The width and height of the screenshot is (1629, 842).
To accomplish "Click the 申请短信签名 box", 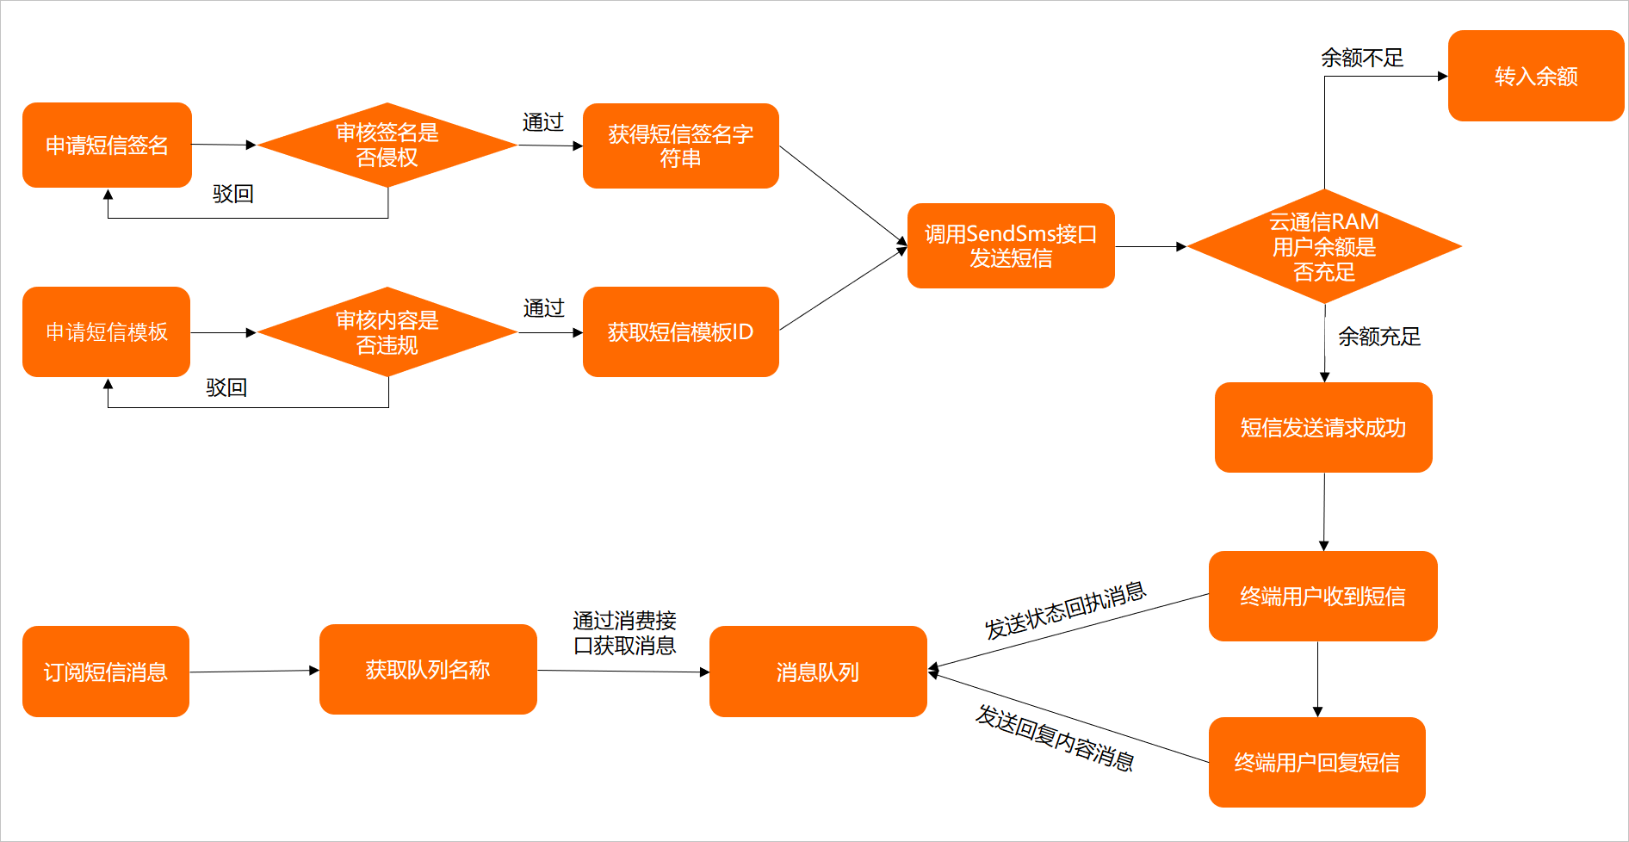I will click(x=107, y=145).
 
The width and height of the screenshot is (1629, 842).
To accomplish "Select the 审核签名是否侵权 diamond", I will click(x=387, y=145).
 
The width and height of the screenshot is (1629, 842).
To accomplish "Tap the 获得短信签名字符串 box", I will click(x=680, y=145).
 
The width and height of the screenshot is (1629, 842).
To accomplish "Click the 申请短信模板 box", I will click(x=107, y=331).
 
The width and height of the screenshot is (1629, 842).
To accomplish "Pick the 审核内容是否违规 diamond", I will click(x=387, y=332).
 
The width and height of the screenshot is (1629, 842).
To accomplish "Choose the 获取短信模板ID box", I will click(x=680, y=331).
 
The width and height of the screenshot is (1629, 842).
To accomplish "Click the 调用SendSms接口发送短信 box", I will click(x=1011, y=245).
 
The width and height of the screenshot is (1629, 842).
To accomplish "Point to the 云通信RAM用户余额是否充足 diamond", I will click(x=1324, y=246).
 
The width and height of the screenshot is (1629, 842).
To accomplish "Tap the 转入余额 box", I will click(x=1536, y=76).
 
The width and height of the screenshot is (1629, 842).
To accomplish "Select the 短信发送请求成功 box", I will click(x=1323, y=427).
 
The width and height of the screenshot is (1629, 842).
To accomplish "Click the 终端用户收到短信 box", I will click(x=1322, y=596).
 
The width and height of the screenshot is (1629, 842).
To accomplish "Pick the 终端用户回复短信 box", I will click(x=1316, y=762).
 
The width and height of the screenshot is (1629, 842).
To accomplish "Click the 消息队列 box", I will click(x=818, y=672).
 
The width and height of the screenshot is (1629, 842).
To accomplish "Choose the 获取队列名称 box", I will click(x=428, y=669).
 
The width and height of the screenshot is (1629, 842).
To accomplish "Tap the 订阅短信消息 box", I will click(x=106, y=672).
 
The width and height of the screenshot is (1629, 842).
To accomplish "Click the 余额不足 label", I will click(x=1362, y=58).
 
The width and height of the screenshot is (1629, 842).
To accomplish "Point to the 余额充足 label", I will click(x=1378, y=337).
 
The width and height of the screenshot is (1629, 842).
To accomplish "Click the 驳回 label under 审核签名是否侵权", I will click(x=232, y=194).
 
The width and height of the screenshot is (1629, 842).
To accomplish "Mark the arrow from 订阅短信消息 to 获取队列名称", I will click(x=254, y=672).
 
